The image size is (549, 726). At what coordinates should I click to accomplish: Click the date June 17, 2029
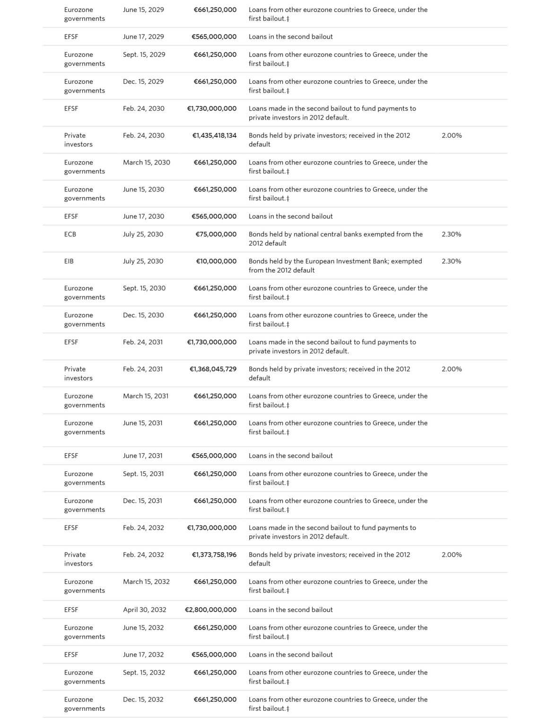tap(143, 37)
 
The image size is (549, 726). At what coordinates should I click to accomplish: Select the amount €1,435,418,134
tap(214, 136)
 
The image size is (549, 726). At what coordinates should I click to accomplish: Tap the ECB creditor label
tap(70, 234)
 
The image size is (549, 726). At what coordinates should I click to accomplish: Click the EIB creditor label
tap(69, 261)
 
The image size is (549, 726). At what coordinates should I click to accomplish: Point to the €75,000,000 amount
tap(216, 234)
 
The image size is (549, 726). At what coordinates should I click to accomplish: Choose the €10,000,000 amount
tap(216, 261)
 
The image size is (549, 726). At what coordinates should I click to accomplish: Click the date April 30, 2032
tap(145, 610)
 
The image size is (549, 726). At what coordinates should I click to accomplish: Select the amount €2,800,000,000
tap(210, 610)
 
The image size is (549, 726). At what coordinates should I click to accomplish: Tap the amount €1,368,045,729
tap(213, 369)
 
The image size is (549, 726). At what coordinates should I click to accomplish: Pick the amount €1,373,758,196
tap(214, 555)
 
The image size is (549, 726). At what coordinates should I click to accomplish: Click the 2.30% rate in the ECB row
tap(451, 234)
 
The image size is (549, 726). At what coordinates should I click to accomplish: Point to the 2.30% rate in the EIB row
tap(451, 261)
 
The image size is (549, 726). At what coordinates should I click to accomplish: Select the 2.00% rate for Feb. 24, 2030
tap(452, 136)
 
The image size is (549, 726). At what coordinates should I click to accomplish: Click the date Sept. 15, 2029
tap(144, 55)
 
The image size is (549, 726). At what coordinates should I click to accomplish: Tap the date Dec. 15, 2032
tap(143, 700)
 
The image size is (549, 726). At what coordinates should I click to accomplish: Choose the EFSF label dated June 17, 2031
tap(71, 456)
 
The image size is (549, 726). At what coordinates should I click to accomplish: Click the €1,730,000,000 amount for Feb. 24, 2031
tap(212, 342)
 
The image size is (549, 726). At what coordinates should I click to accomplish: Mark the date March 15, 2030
tap(147, 163)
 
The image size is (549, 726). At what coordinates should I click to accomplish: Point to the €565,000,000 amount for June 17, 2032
tap(214, 655)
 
